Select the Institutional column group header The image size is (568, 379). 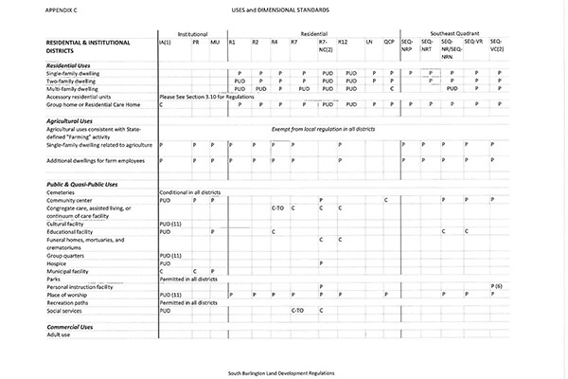point(193,32)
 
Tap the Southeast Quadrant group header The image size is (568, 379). point(455,32)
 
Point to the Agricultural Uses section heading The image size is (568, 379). point(72,122)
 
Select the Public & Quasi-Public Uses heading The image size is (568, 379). point(82,183)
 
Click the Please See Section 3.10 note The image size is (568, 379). point(205,97)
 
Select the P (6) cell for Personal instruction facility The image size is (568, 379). point(497,285)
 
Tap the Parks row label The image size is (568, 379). point(55,279)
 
